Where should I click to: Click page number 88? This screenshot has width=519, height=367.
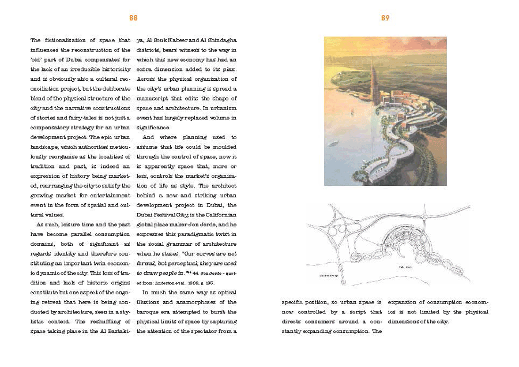(133, 18)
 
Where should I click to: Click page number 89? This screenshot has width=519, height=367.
(385, 18)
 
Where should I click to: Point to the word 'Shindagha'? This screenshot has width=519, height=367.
(221, 40)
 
